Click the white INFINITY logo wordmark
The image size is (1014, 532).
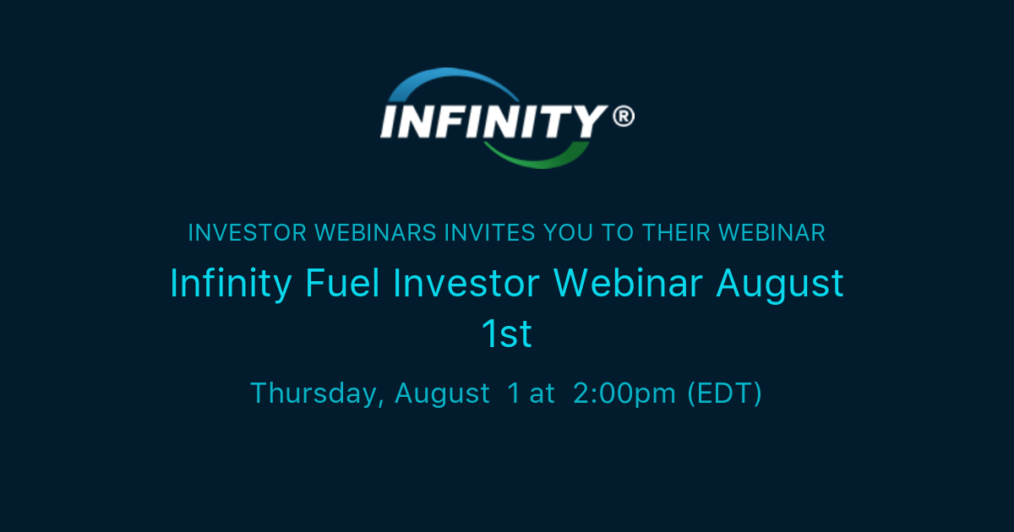tap(494, 120)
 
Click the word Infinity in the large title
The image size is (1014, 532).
tap(231, 284)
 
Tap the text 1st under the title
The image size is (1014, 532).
tap(507, 335)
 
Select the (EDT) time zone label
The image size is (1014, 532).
tap(724, 394)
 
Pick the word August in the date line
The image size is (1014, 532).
tap(442, 394)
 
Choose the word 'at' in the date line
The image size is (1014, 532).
tap(542, 394)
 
